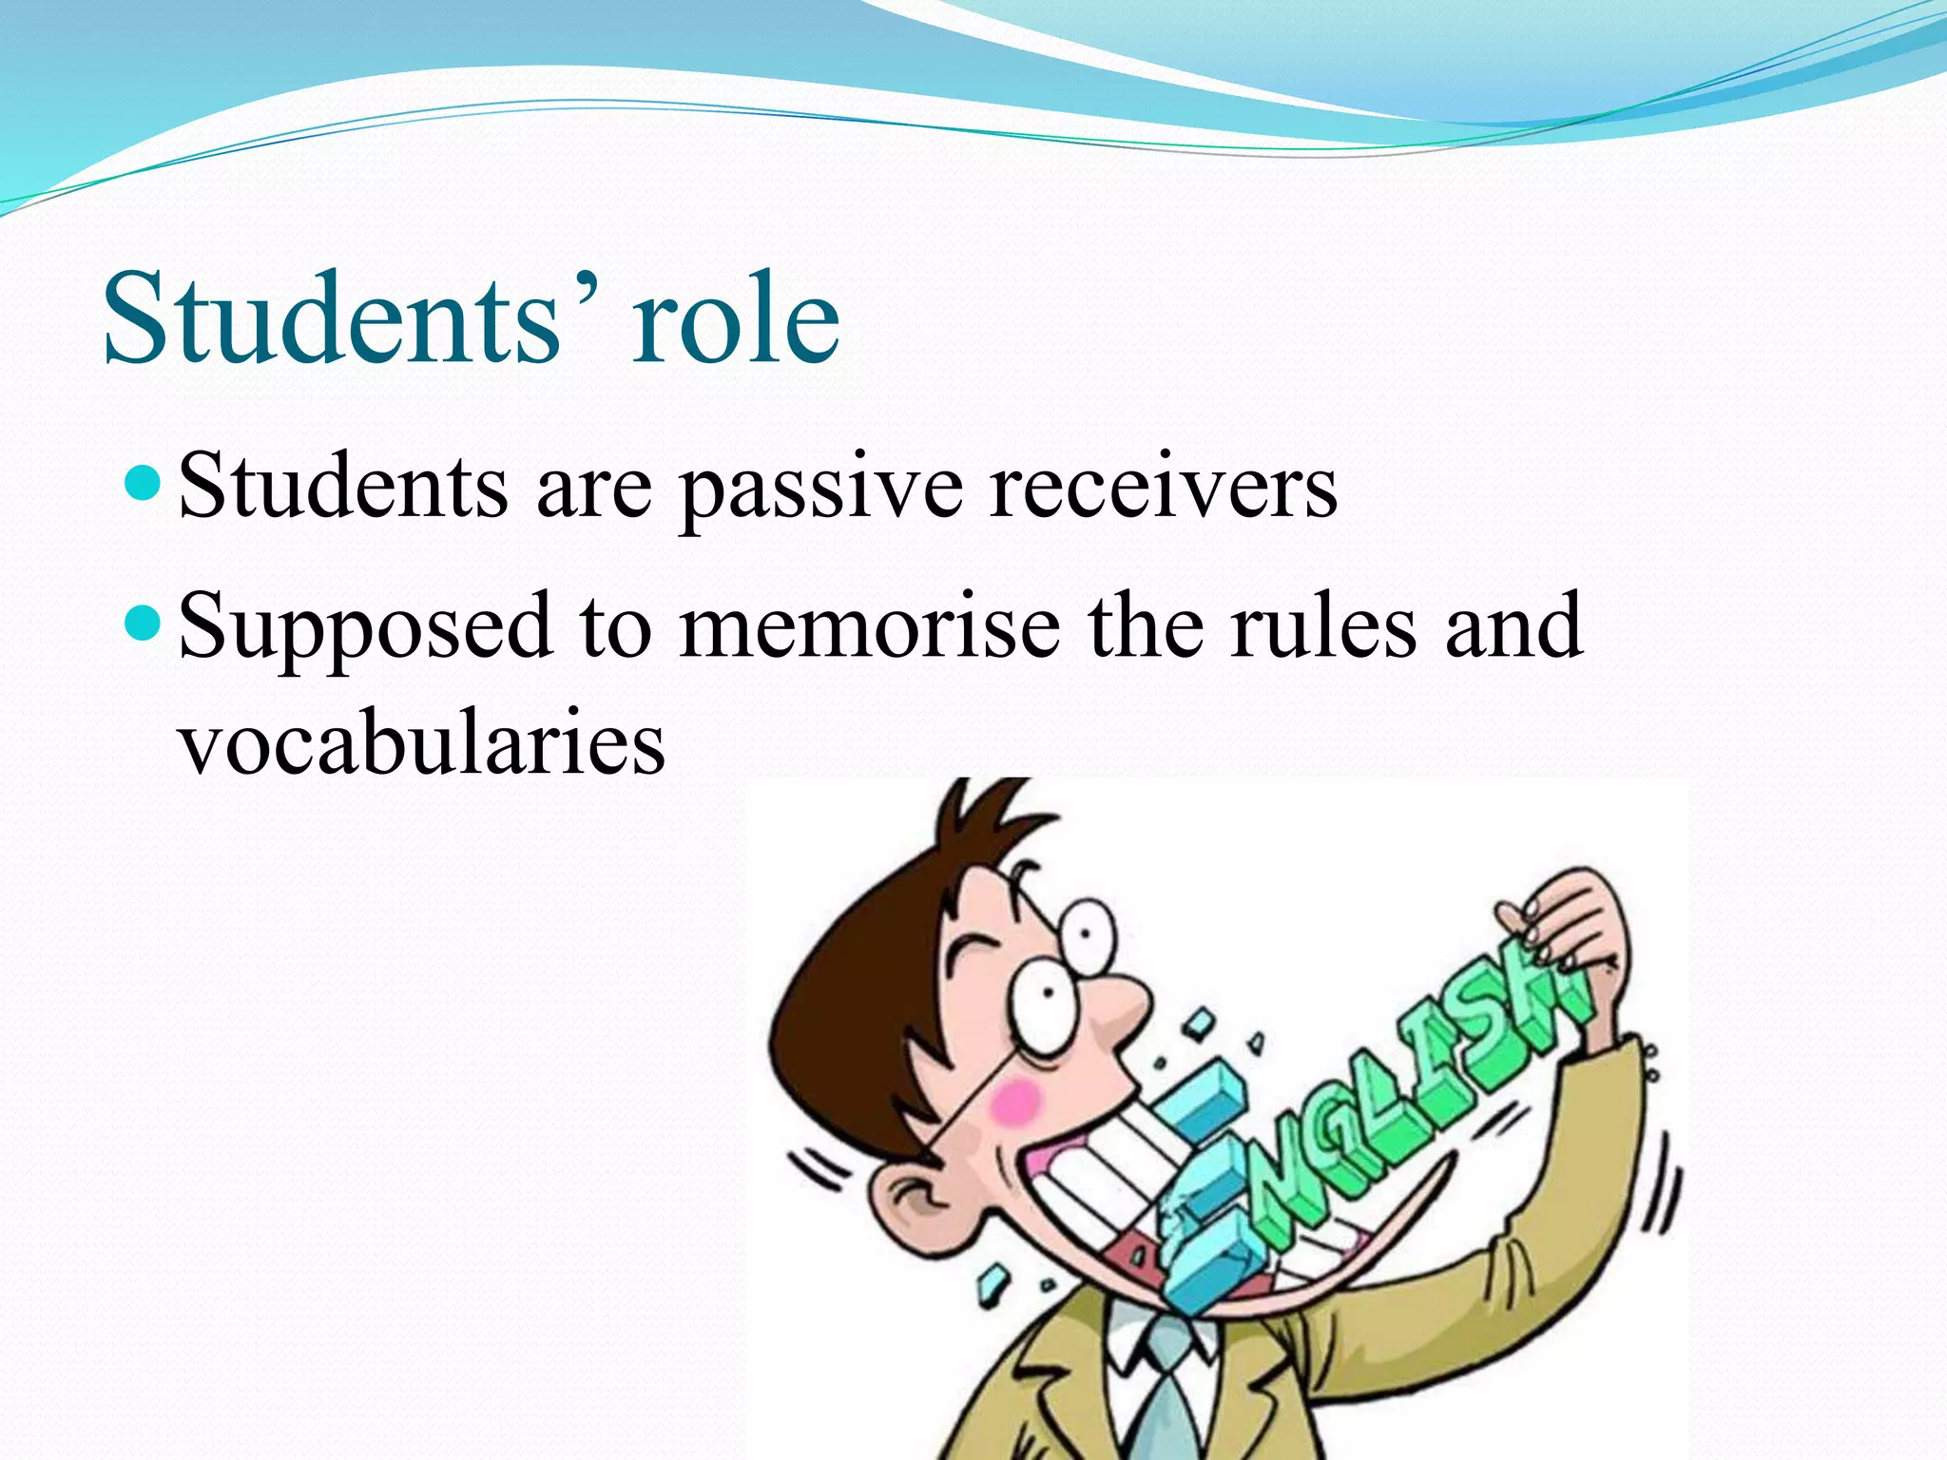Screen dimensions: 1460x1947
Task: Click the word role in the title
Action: [737, 318]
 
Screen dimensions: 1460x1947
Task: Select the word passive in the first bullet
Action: [821, 488]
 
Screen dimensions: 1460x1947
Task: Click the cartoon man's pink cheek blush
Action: [1015, 1102]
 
